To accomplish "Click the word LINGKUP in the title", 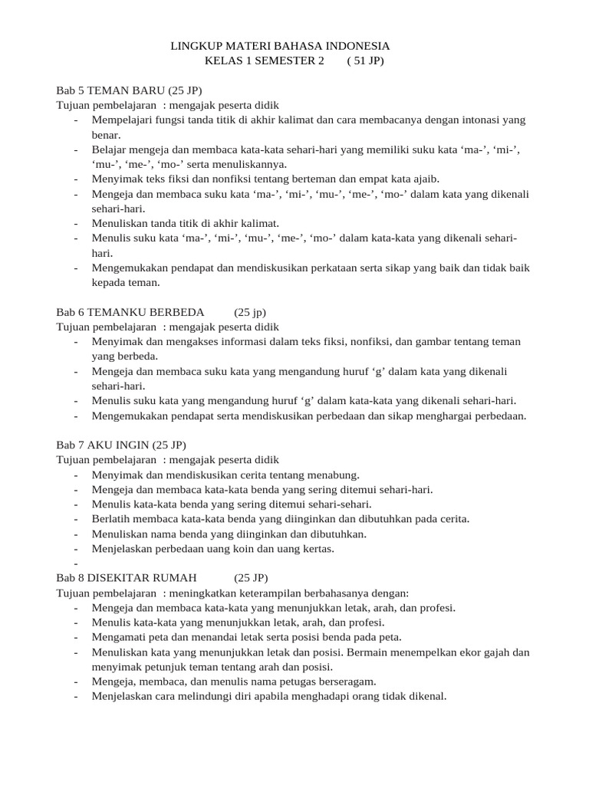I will pos(194,47).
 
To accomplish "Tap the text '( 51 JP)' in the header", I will pos(365,61).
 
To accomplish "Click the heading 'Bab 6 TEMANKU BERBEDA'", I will pos(130,312).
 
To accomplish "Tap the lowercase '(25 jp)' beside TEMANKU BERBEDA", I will pos(250,312).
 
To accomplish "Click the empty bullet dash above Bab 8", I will pos(77,563).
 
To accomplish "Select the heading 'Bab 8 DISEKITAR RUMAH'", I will pos(127,577).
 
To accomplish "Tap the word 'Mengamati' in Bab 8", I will pos(117,636).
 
